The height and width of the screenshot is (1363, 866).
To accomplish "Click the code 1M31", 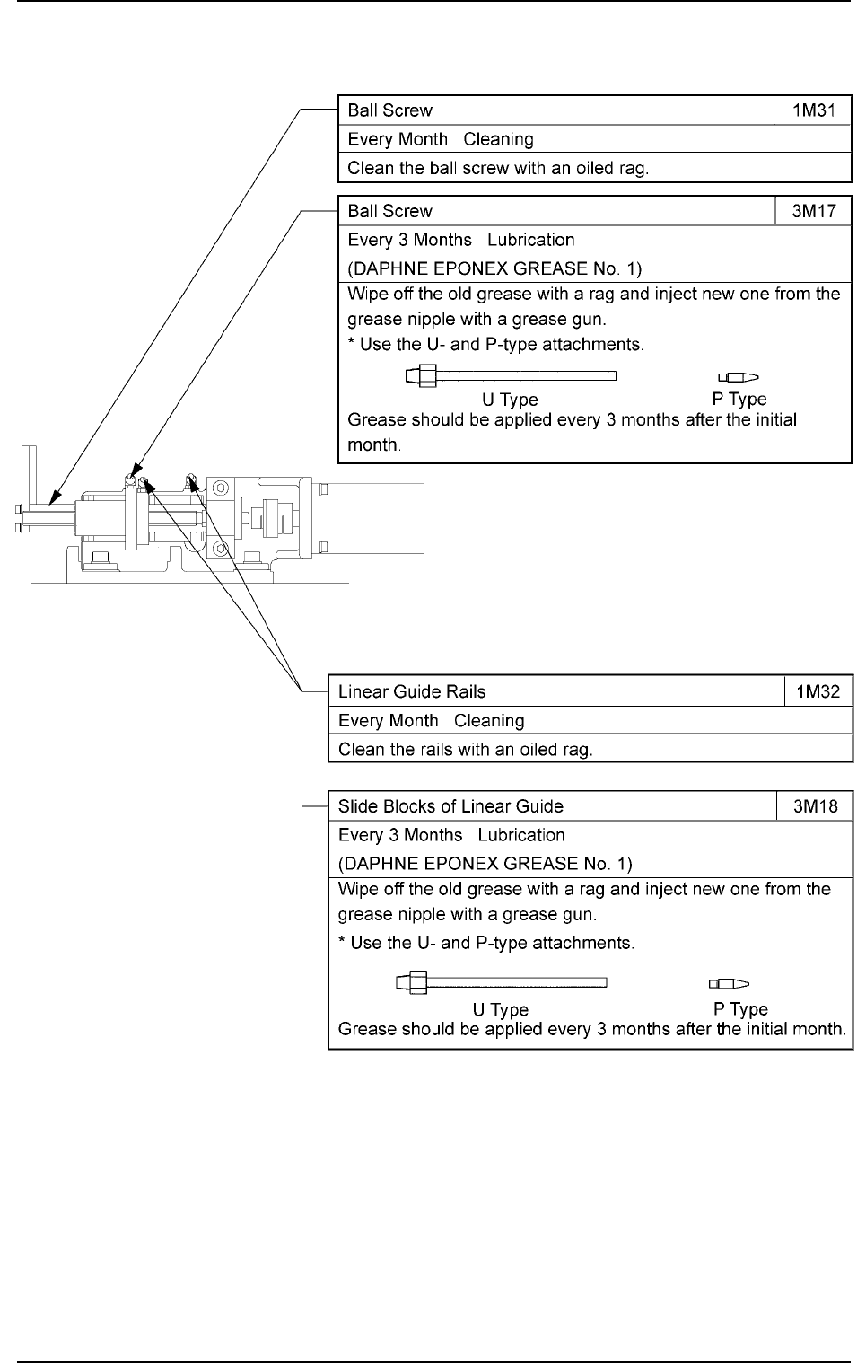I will click(812, 110).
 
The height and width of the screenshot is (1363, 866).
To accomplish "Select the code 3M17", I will click(812, 211).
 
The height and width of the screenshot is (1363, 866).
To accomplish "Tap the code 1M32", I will click(818, 691).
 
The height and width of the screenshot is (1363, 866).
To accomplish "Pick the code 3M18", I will click(815, 806).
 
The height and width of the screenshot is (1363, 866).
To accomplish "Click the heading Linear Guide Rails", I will click(412, 691).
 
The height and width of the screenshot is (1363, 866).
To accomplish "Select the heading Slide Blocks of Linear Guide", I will click(450, 806).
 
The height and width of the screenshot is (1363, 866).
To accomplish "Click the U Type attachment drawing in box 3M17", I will click(511, 376).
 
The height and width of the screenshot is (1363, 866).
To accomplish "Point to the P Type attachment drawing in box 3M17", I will click(739, 377).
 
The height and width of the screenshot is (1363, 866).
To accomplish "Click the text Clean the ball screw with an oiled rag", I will click(498, 168).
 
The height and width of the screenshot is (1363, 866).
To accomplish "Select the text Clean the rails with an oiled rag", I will click(466, 749).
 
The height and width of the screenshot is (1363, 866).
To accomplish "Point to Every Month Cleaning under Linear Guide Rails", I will click(431, 720).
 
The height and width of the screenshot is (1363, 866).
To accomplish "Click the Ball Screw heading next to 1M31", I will click(389, 110).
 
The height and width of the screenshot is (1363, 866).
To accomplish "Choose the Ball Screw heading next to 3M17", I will click(389, 211).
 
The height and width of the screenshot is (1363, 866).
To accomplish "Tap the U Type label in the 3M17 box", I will click(510, 399).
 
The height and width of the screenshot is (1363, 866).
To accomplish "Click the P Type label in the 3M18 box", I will click(740, 1009).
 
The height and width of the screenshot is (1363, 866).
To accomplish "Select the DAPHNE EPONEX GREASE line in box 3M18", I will click(485, 864).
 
